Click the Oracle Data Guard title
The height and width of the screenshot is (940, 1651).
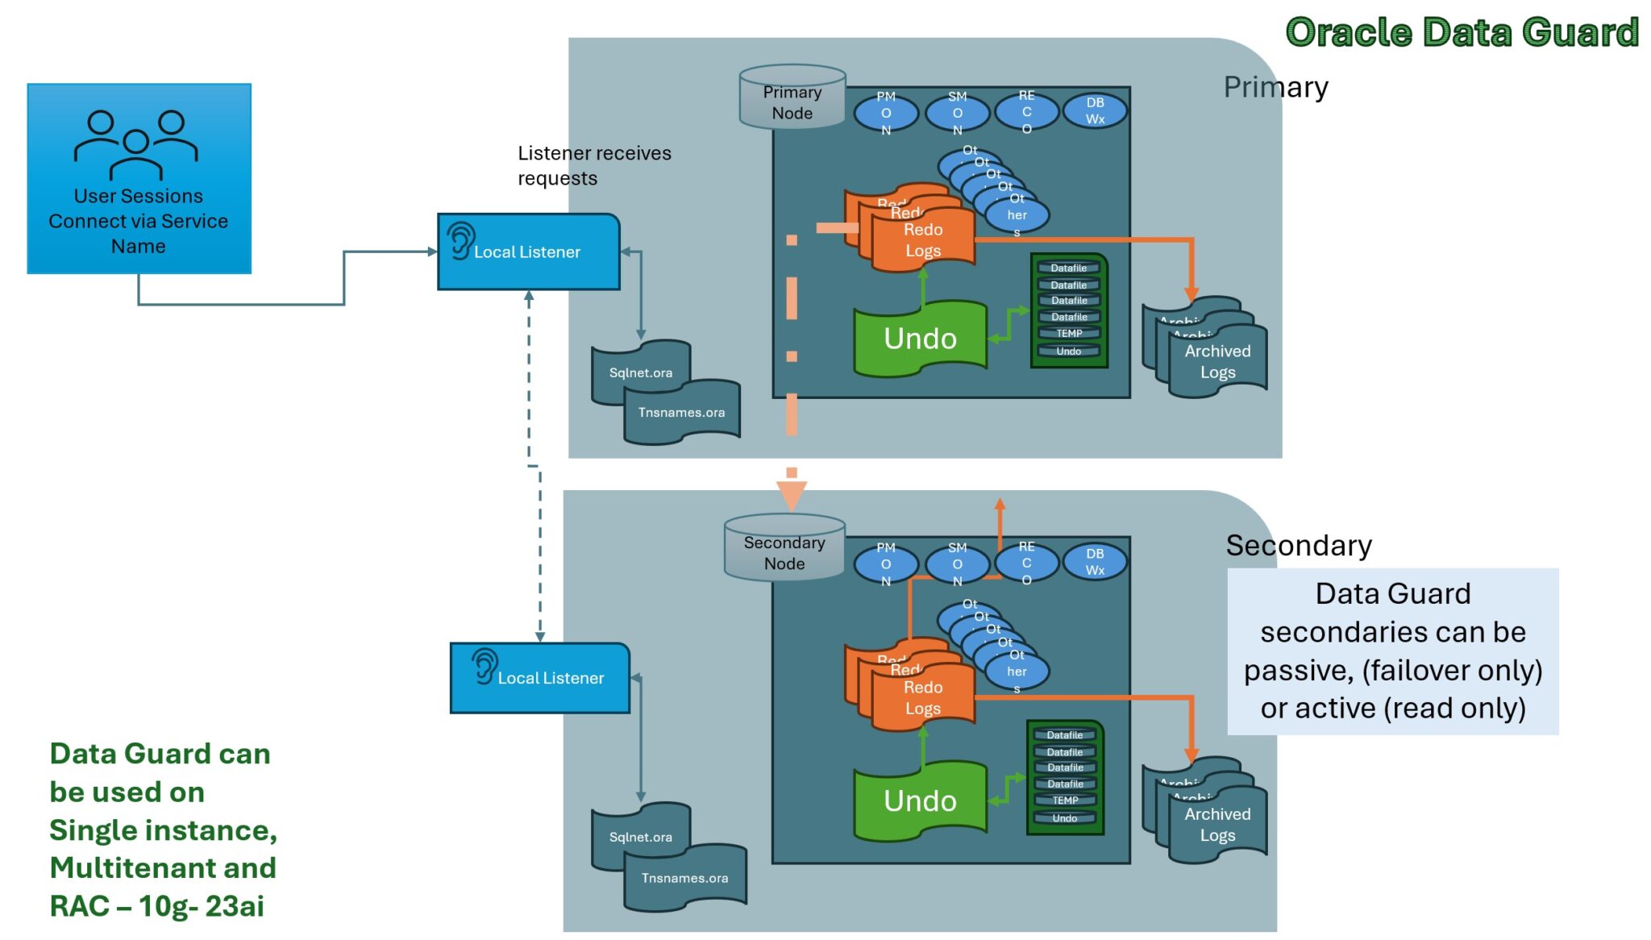tap(1462, 33)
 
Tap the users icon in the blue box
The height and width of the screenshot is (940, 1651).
tap(136, 144)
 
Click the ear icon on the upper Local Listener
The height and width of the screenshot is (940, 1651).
tap(461, 240)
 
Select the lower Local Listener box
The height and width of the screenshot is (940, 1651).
tap(540, 678)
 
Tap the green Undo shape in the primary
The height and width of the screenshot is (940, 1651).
tap(920, 339)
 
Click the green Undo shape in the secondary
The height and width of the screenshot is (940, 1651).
tap(920, 801)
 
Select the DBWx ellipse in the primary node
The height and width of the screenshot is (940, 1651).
tap(1095, 112)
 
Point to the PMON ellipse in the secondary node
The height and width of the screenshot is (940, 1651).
tap(886, 564)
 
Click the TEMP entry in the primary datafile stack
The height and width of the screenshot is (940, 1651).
tap(1069, 333)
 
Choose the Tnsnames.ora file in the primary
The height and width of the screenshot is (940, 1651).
tap(682, 413)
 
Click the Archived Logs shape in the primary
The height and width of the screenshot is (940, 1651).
tap(1217, 362)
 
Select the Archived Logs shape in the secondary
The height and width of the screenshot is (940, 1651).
tap(1217, 825)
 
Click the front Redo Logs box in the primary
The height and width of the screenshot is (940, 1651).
tap(923, 239)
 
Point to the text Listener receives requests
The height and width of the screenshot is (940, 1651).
tap(594, 165)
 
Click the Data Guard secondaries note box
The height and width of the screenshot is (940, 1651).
tap(1392, 651)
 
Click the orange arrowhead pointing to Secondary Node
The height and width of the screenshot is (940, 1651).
tap(792, 493)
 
